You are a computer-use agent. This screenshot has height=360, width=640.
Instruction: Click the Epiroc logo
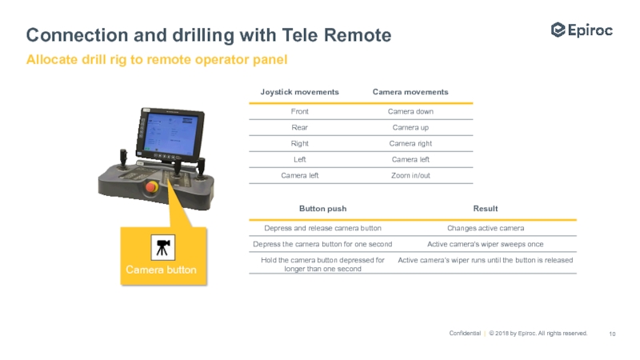582,30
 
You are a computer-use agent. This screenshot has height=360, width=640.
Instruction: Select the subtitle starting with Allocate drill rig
157,60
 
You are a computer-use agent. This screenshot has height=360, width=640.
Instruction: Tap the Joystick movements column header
299,92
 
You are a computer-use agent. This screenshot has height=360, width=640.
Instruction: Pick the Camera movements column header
410,92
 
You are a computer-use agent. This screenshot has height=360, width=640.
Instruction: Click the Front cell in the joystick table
299,111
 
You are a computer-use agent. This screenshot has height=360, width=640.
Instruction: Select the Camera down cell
410,111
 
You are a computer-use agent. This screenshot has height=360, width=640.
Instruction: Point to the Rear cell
299,127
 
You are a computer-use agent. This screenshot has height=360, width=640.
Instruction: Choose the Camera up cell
410,127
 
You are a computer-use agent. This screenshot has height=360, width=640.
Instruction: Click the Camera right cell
410,143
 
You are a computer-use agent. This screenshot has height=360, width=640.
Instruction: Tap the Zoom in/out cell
410,175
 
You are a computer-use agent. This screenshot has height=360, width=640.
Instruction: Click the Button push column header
322,208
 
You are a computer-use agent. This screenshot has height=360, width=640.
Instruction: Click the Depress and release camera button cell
322,228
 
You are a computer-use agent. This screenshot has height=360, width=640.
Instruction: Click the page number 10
613,334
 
